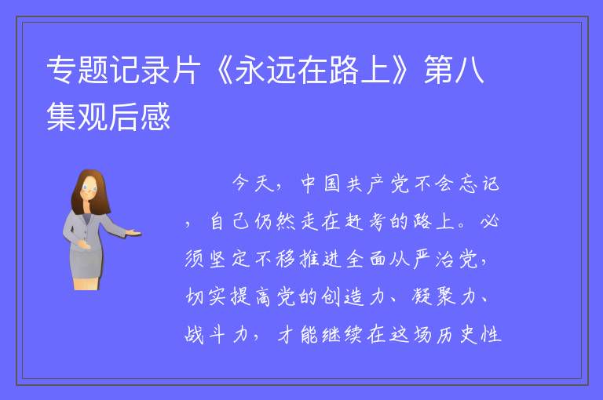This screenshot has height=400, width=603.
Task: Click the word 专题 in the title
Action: [78, 70]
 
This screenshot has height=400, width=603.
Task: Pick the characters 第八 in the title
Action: [454, 70]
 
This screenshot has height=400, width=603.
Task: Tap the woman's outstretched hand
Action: [133, 232]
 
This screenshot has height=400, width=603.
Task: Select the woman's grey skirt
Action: [86, 263]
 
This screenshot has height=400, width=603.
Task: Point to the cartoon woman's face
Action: [90, 190]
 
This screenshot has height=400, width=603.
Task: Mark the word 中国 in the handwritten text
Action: [320, 184]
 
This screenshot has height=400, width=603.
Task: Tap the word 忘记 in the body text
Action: [480, 184]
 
